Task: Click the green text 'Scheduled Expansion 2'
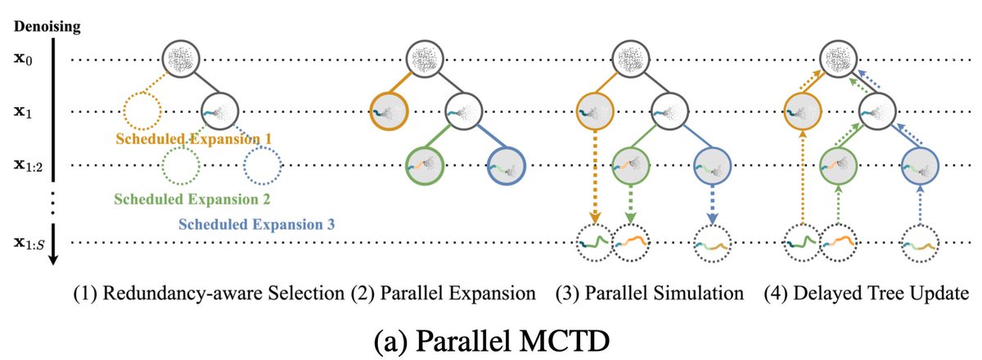click(x=192, y=198)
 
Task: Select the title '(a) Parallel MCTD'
click(x=490, y=335)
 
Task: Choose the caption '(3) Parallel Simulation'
click(x=650, y=292)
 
